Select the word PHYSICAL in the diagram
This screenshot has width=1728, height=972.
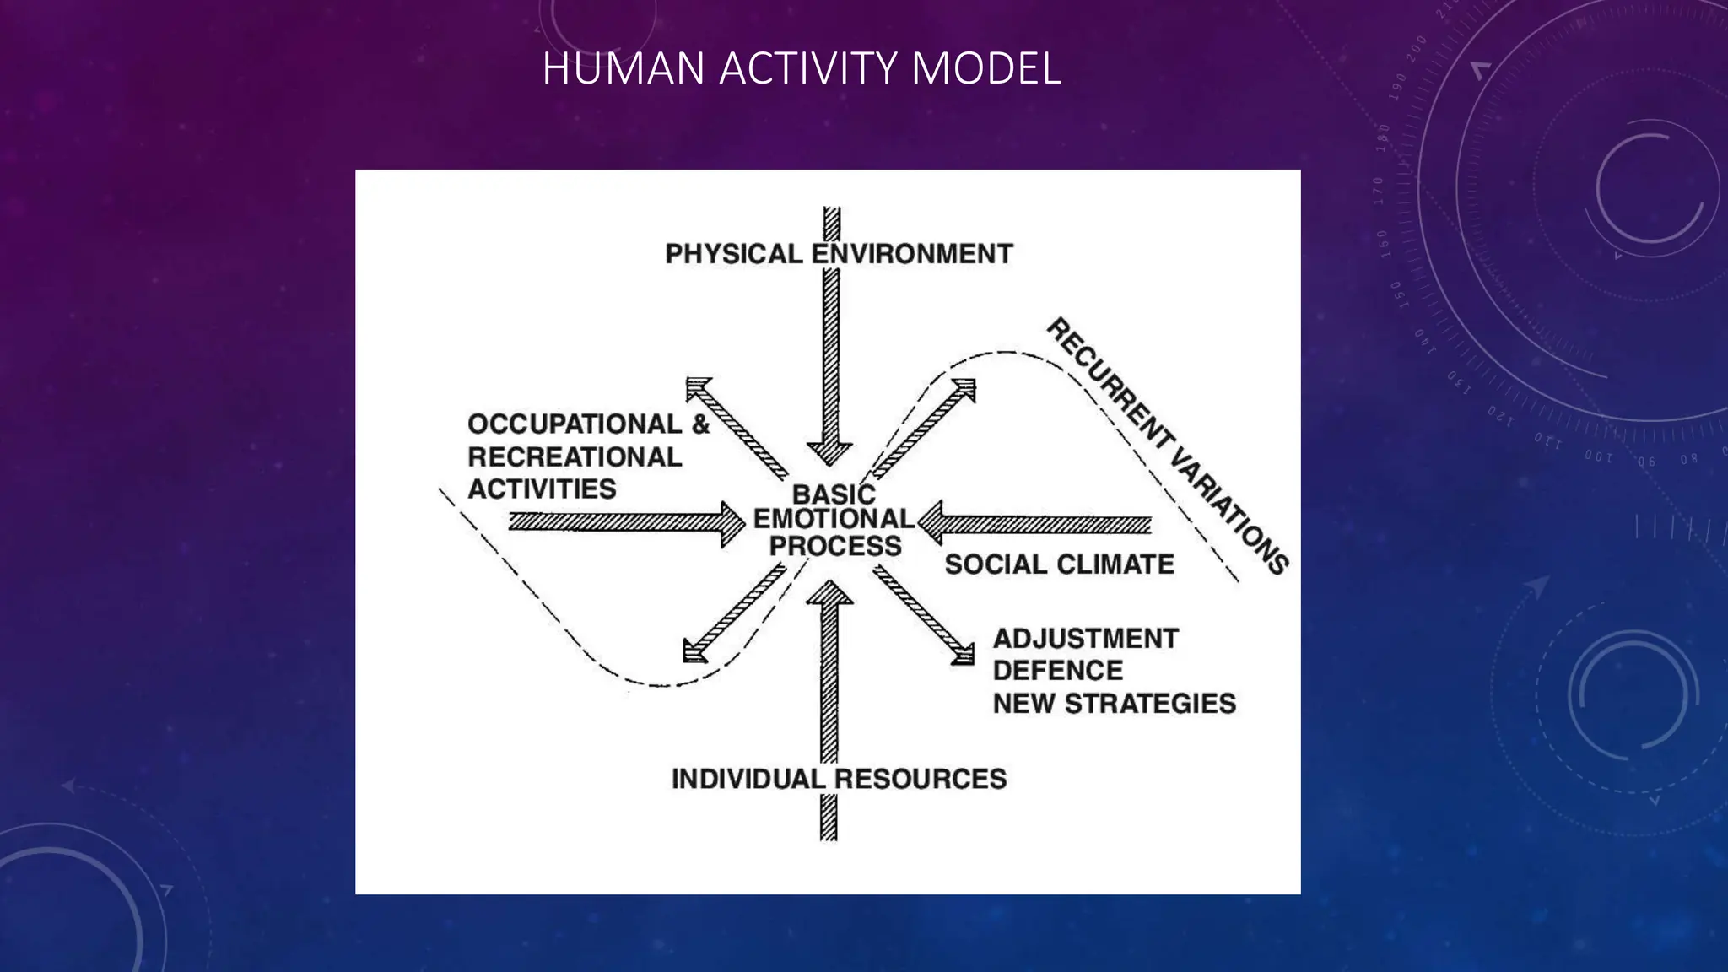733,254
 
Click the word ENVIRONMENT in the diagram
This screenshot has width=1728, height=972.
912,254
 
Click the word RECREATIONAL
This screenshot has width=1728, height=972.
575,456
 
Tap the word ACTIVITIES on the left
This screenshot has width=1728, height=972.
542,489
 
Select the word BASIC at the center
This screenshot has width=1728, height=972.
833,494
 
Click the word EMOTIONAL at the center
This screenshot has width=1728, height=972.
834,519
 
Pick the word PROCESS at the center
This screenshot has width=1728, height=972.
835,546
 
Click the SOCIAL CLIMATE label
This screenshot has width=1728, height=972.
1059,564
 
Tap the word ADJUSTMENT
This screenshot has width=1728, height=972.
1085,639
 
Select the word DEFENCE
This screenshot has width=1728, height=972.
1057,671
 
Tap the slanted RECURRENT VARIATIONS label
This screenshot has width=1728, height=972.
1168,446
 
